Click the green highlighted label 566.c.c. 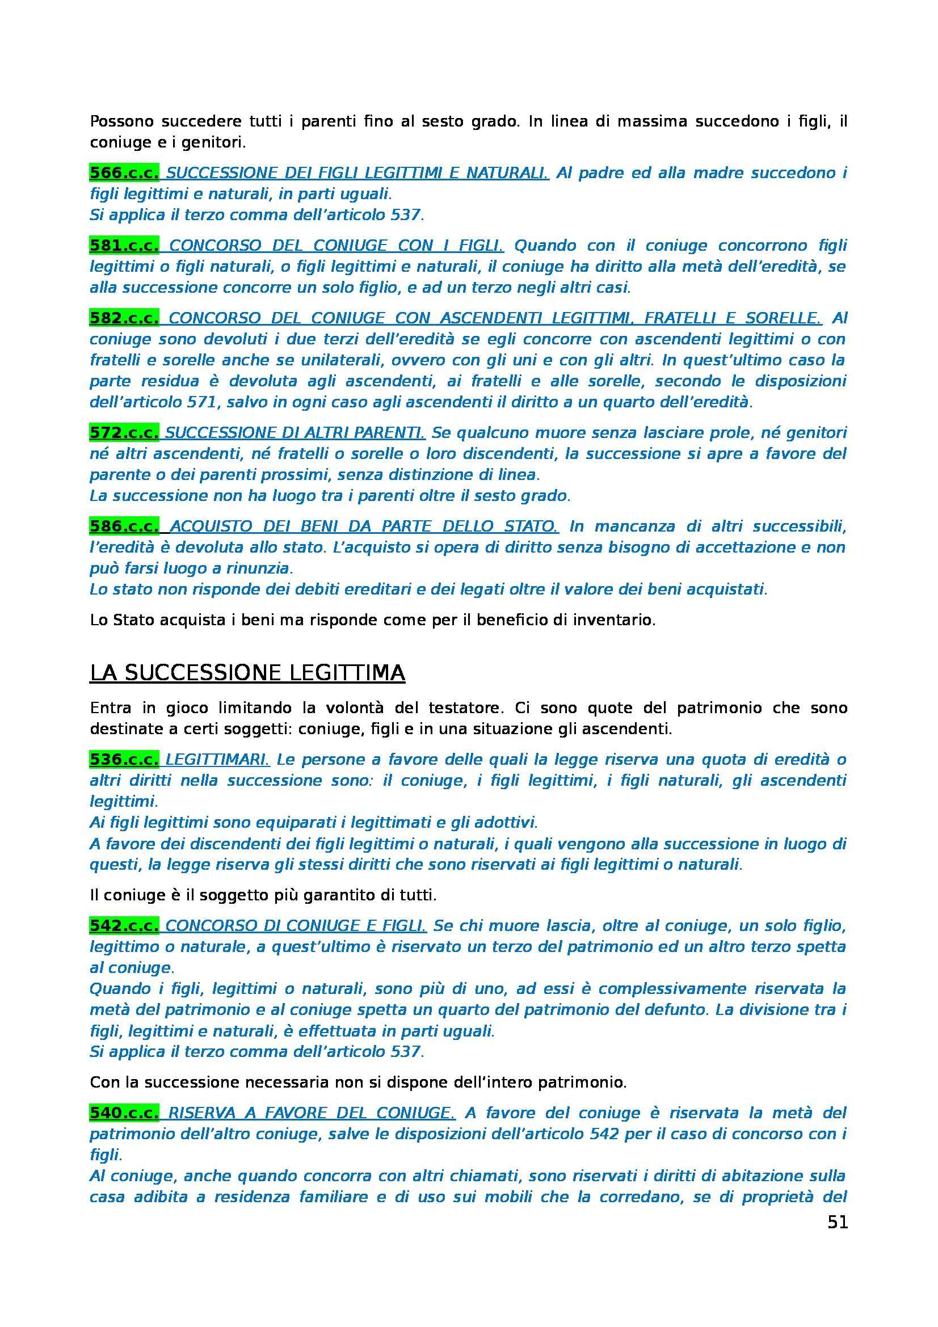(124, 173)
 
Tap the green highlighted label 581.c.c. (124, 246)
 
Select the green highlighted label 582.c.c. (124, 318)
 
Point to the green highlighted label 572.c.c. (124, 432)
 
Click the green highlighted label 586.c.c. (124, 526)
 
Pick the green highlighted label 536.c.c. (124, 760)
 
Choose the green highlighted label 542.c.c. (124, 926)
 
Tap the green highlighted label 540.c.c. (124, 1113)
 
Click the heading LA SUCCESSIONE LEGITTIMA (247, 673)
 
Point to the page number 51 (838, 1223)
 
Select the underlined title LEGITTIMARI (217, 760)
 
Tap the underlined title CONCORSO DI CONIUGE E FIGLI (296, 926)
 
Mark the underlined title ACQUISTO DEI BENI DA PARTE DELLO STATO (364, 526)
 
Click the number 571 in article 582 (201, 402)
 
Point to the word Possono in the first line (122, 122)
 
